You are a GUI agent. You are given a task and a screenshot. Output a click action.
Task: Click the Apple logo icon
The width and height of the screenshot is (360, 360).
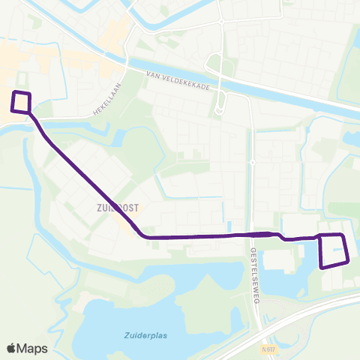[x=12, y=348]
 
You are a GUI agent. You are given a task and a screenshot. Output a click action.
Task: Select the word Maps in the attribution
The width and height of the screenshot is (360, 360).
[x=33, y=348]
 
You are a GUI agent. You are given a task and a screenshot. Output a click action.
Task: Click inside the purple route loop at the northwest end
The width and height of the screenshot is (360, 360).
[x=21, y=102]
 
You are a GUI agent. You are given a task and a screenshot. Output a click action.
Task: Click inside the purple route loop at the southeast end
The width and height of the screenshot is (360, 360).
[x=334, y=250]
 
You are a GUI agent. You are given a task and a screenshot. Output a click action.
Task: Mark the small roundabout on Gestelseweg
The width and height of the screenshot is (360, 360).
[x=253, y=161]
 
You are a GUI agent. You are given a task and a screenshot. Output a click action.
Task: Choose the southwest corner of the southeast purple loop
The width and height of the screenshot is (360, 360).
[x=322, y=267]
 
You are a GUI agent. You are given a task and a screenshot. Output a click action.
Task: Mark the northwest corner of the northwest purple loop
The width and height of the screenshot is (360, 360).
[x=13, y=92]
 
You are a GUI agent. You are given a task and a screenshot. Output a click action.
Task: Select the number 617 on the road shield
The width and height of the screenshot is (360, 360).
[x=272, y=349]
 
